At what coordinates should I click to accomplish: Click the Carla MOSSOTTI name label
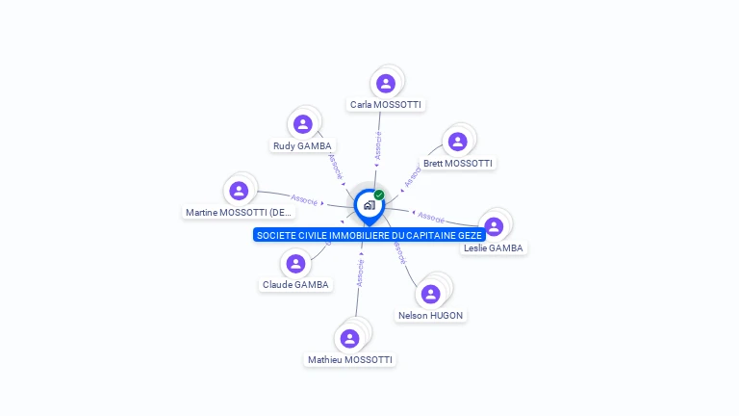(x=385, y=104)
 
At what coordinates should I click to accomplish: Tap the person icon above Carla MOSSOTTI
(x=386, y=84)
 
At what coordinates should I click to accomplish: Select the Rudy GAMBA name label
(x=302, y=145)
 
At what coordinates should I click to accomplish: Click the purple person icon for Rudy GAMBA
(x=303, y=124)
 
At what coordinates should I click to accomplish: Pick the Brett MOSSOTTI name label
(x=458, y=163)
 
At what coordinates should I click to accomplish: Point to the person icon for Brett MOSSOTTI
(x=458, y=142)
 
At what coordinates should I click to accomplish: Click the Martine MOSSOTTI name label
(x=239, y=212)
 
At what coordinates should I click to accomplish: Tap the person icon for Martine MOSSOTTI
(x=240, y=191)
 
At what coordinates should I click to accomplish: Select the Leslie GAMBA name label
(x=494, y=247)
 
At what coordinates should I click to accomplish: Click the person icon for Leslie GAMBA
(x=494, y=226)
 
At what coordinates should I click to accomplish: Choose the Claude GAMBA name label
(x=295, y=284)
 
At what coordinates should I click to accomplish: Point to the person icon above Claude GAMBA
(x=295, y=263)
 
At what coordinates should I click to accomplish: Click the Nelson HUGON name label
(x=430, y=315)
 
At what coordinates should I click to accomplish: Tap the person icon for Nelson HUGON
(x=430, y=293)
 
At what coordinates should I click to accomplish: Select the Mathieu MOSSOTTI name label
(x=350, y=359)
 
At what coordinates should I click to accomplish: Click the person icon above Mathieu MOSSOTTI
(x=349, y=338)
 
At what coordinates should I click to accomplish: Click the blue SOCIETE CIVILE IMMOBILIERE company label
(x=369, y=235)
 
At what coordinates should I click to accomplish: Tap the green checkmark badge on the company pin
(x=379, y=195)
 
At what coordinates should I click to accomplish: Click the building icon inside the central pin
(x=369, y=205)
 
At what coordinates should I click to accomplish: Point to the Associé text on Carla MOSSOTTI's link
(x=378, y=144)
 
